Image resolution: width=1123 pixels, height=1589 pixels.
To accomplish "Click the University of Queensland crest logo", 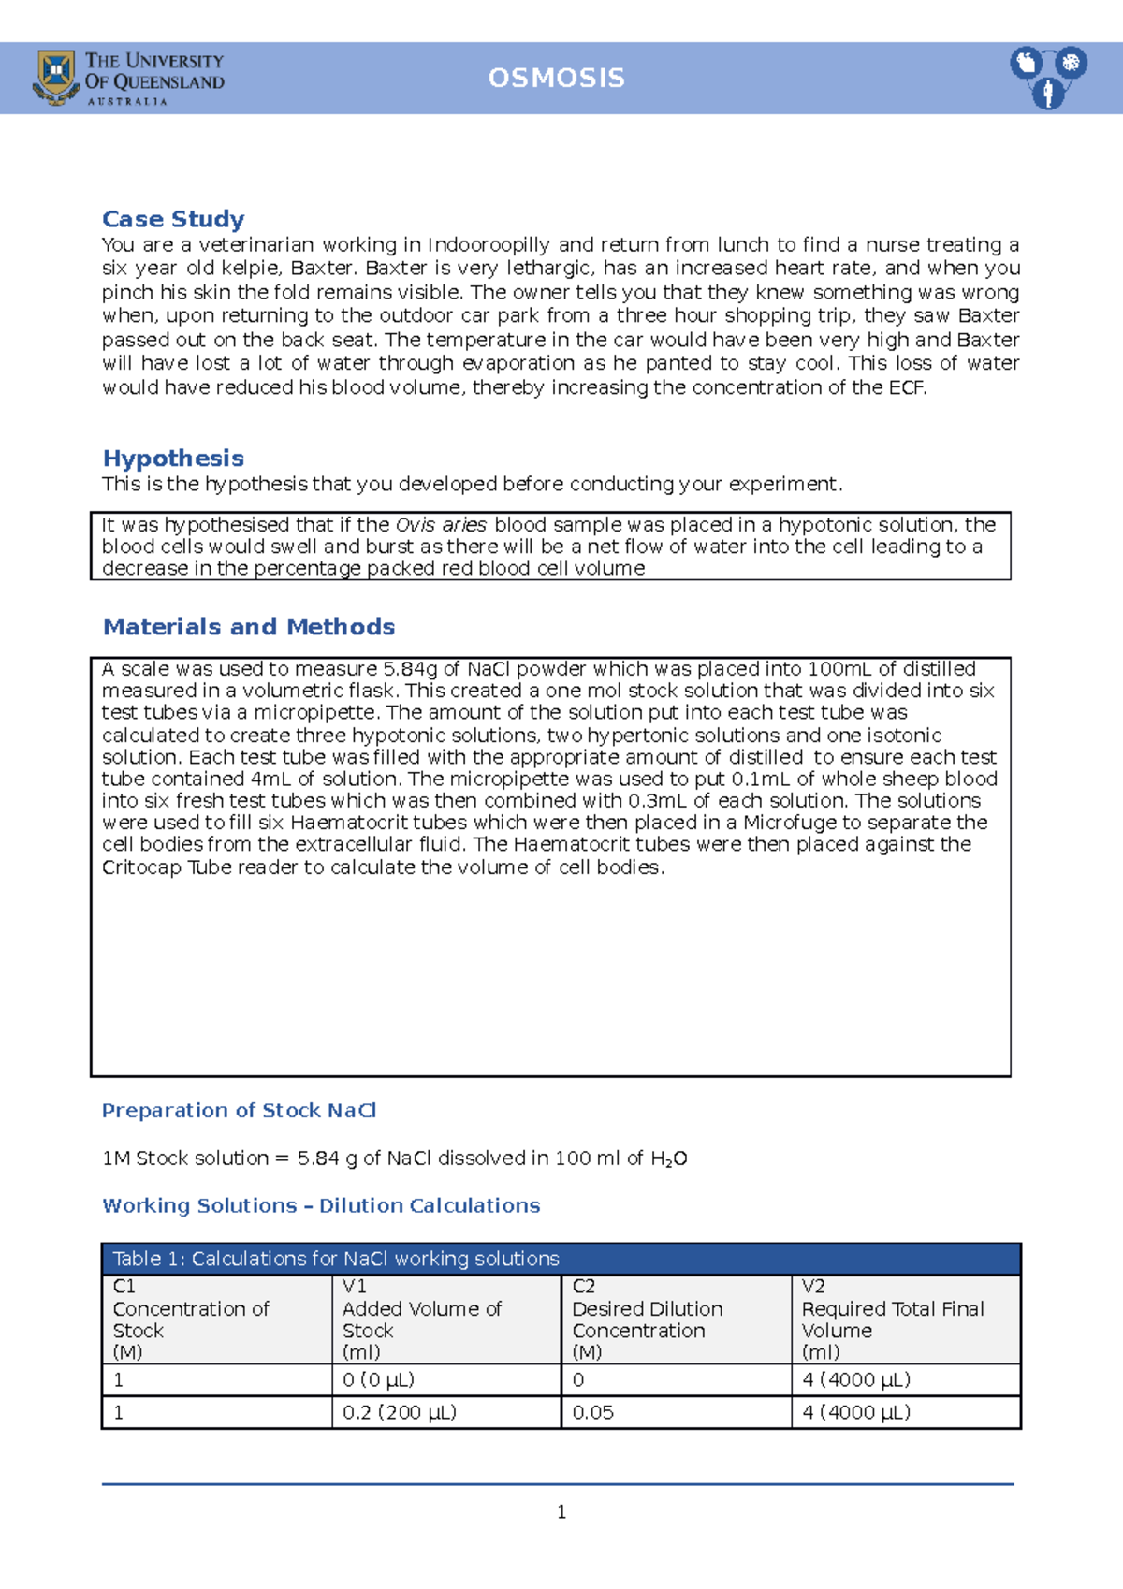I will click(x=56, y=78).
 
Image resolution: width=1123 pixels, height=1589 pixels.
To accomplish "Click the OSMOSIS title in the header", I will click(x=556, y=78).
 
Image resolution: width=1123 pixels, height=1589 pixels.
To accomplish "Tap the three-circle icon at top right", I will click(x=1047, y=77).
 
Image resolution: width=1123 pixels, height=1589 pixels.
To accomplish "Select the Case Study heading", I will click(x=173, y=219).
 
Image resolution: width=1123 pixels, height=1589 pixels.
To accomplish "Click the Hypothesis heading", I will click(x=173, y=459).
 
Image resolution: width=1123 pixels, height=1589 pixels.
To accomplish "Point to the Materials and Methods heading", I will click(x=249, y=627).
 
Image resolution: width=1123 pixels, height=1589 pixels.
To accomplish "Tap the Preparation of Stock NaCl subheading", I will click(x=239, y=1111).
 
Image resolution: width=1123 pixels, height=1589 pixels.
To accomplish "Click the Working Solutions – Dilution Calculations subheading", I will click(x=321, y=1205).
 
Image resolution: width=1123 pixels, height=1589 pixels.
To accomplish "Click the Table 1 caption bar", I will click(x=561, y=1259).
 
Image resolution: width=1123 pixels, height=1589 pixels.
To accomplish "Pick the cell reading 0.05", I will click(x=593, y=1412).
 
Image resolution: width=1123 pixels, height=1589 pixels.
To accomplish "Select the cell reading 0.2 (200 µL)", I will click(x=400, y=1412).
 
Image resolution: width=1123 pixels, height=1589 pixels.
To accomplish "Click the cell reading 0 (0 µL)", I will click(x=378, y=1380).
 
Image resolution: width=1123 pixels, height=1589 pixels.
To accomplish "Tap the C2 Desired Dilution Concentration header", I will click(x=647, y=1319).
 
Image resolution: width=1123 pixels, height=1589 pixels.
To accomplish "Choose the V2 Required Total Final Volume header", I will click(x=892, y=1319).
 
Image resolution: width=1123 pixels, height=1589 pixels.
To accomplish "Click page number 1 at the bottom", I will click(x=561, y=1512).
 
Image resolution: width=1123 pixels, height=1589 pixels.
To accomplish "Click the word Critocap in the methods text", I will click(x=141, y=867).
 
